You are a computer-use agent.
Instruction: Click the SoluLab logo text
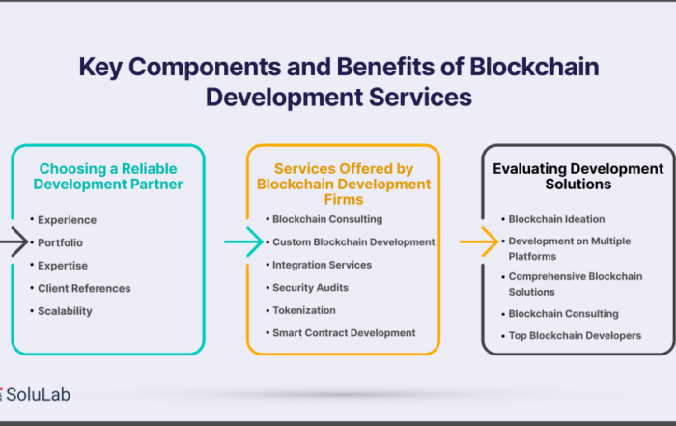[x=38, y=394]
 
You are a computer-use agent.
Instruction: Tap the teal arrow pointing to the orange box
[x=243, y=241]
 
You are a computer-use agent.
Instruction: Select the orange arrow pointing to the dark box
[x=479, y=241]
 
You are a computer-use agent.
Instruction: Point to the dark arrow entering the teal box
[x=14, y=241]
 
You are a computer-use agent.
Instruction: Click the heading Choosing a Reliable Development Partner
[x=108, y=177]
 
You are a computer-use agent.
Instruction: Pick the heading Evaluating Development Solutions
[x=578, y=177]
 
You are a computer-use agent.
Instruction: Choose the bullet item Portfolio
[x=60, y=242]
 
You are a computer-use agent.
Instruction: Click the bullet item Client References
[x=84, y=288]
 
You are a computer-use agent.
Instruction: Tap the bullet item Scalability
[x=65, y=311]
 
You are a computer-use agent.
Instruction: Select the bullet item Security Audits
[x=310, y=288]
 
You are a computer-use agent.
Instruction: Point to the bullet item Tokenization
[x=304, y=310]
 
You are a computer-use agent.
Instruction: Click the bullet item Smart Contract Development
[x=344, y=333]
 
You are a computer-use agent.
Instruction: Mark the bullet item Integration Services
[x=322, y=265]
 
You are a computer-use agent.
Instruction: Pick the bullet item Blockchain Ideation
[x=556, y=219]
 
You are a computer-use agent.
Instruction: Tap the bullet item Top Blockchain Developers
[x=575, y=336]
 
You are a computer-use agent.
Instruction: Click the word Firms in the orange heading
[x=344, y=200]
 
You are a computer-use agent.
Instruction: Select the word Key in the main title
[x=100, y=68]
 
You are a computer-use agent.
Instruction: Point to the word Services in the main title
[x=420, y=97]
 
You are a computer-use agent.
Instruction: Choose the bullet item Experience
[x=67, y=220]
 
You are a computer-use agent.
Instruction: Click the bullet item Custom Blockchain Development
[x=353, y=242]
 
